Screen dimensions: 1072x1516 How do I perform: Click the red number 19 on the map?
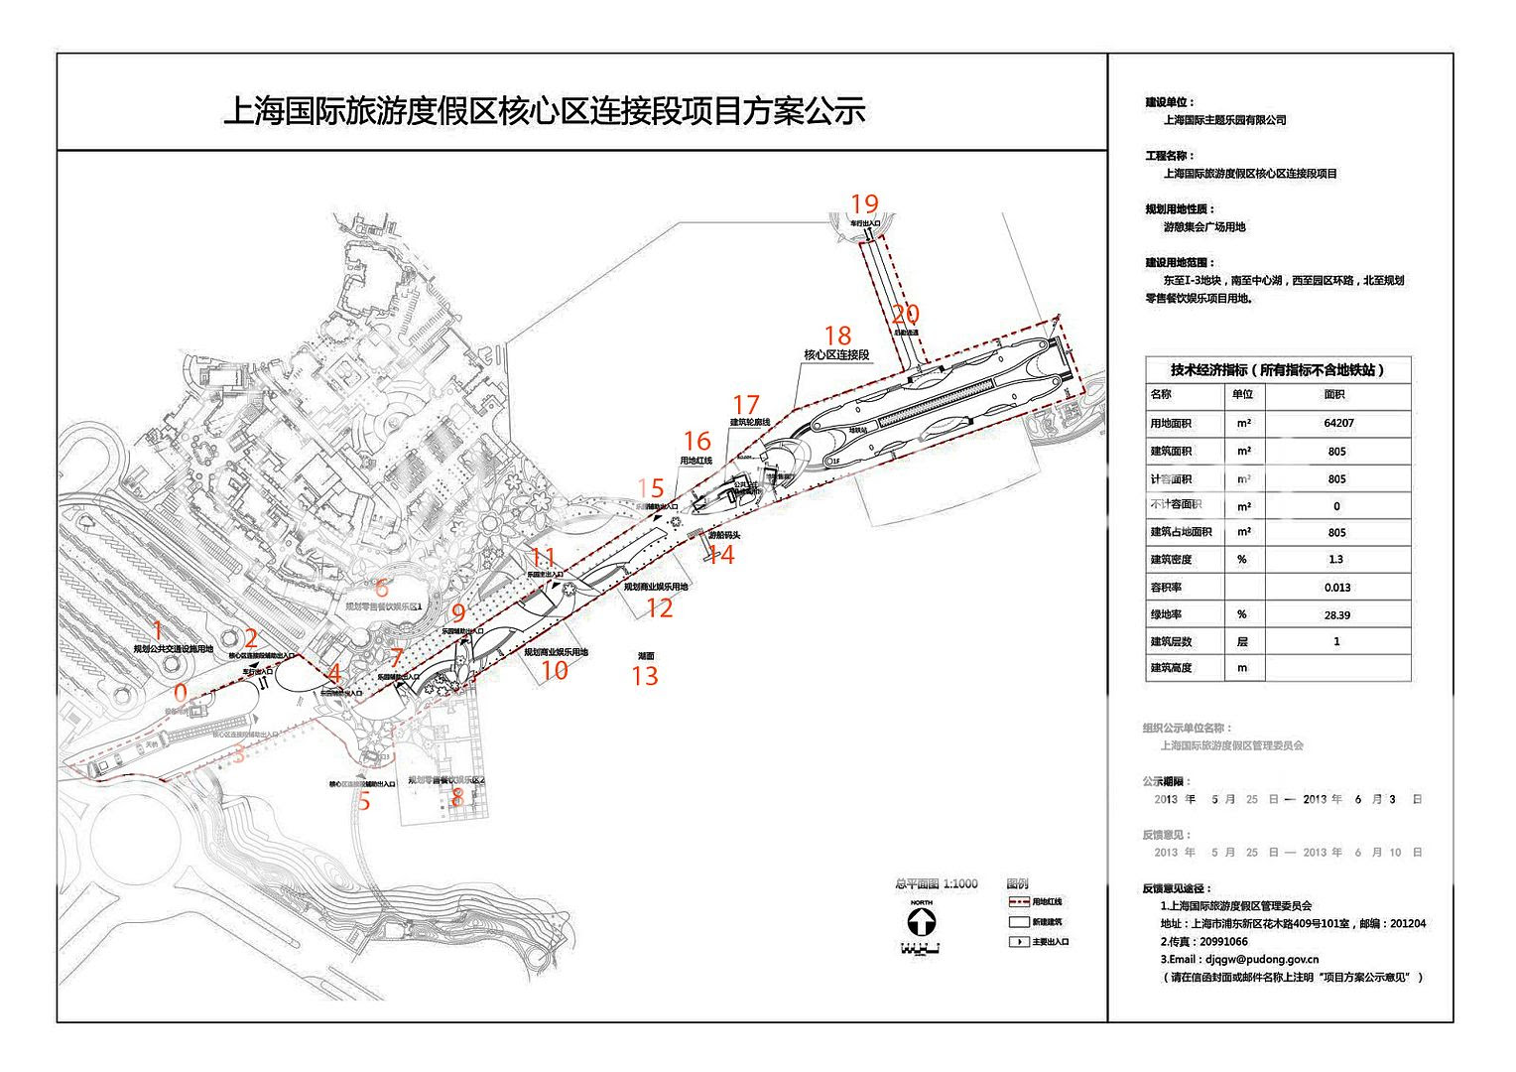(x=864, y=204)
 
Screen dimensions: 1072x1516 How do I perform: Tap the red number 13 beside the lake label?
(x=645, y=676)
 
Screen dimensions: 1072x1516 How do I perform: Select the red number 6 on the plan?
(x=381, y=588)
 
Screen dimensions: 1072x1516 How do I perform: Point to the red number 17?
(x=745, y=405)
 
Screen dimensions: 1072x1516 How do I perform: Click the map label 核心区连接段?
(x=836, y=354)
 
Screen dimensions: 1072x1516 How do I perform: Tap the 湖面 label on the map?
(x=646, y=656)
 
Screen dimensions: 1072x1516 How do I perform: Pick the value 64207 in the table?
(x=1337, y=423)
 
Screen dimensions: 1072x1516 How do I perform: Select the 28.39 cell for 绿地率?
(x=1336, y=615)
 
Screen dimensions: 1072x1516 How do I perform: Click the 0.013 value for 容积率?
(x=1336, y=588)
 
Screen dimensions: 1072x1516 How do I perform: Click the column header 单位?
(x=1242, y=394)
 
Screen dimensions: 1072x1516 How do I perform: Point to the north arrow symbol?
(x=921, y=921)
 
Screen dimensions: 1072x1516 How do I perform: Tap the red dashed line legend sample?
(x=1019, y=902)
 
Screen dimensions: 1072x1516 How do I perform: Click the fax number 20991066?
(x=1223, y=942)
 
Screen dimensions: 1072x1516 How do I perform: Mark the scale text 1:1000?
(x=959, y=883)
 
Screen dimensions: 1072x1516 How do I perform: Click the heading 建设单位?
(x=1169, y=102)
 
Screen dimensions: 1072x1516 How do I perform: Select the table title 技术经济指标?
(x=1208, y=370)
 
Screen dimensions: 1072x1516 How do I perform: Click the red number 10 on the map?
(x=555, y=670)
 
